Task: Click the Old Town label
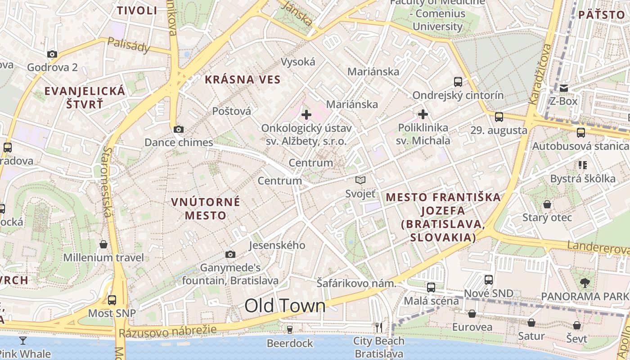pyautogui.click(x=285, y=306)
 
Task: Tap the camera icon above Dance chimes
pyautogui.click(x=178, y=130)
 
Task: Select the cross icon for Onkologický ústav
pyautogui.click(x=306, y=115)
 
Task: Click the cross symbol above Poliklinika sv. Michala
pyautogui.click(x=423, y=114)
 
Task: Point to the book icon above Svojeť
pyautogui.click(x=360, y=180)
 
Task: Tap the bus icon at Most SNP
pyautogui.click(x=112, y=300)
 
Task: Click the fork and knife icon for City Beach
pyautogui.click(x=379, y=327)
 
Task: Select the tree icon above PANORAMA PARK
pyautogui.click(x=585, y=283)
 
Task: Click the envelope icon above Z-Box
pyautogui.click(x=563, y=88)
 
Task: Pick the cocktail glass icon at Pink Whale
pyautogui.click(x=23, y=340)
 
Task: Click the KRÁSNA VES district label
pyautogui.click(x=243, y=80)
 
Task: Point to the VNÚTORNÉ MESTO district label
pyautogui.click(x=206, y=208)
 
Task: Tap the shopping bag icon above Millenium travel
pyautogui.click(x=103, y=244)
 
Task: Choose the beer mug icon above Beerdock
pyautogui.click(x=290, y=330)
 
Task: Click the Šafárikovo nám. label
pyautogui.click(x=356, y=283)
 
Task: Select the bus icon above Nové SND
pyautogui.click(x=489, y=280)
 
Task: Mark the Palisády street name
pyautogui.click(x=128, y=45)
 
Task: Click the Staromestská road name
pyautogui.click(x=107, y=181)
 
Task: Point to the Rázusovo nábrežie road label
pyautogui.click(x=167, y=332)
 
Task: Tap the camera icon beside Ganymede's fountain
pyautogui.click(x=230, y=255)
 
